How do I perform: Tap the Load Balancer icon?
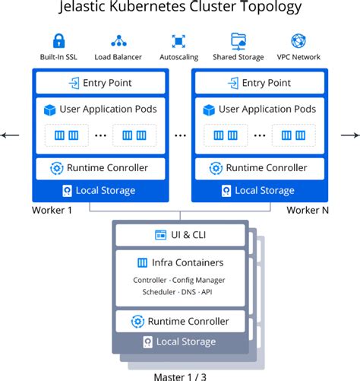point(118,41)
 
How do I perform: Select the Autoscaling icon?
point(178,41)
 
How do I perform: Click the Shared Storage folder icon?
point(238,41)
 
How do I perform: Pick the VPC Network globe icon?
point(298,41)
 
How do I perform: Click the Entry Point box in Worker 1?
point(100,83)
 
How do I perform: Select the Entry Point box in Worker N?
point(259,83)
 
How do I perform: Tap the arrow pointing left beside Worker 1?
point(11,136)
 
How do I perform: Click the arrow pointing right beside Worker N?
point(349,136)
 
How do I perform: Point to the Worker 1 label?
point(52,210)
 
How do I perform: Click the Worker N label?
point(308,210)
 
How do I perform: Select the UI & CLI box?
point(180,236)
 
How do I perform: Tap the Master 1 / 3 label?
point(180,374)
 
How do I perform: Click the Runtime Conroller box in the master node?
point(180,321)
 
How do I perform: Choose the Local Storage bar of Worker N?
point(259,190)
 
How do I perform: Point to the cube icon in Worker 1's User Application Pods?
point(50,110)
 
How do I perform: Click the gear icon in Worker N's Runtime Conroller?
point(215,168)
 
